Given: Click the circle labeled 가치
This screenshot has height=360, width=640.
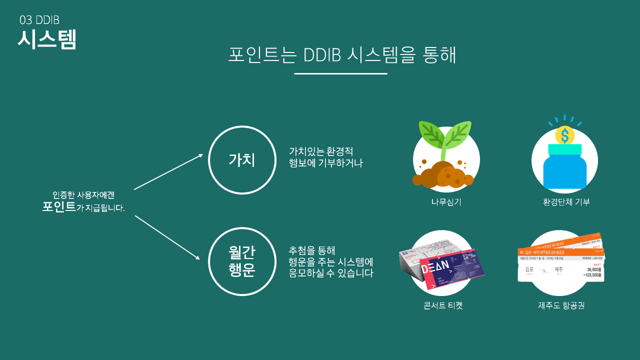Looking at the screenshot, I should (x=242, y=160).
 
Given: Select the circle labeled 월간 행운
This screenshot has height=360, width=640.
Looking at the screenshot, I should (x=242, y=262).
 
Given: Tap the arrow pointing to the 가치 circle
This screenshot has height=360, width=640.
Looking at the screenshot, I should (x=168, y=171).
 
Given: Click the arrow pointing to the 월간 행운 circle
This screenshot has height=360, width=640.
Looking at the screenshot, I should (x=167, y=237).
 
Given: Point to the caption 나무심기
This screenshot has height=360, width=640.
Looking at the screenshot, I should (x=446, y=202).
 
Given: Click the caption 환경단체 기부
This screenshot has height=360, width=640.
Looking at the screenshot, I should (x=566, y=202).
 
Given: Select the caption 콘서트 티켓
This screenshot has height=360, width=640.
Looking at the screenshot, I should (x=443, y=305).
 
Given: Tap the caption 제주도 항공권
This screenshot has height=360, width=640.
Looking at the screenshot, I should (x=557, y=305).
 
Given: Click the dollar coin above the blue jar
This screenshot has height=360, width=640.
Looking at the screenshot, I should (x=565, y=135).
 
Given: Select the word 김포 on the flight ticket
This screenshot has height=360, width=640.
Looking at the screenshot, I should (x=529, y=269).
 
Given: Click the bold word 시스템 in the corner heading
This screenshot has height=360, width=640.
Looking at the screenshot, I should (x=47, y=39).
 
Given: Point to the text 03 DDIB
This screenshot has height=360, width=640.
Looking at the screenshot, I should (x=39, y=20).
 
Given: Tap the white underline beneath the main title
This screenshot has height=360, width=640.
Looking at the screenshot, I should (x=340, y=73).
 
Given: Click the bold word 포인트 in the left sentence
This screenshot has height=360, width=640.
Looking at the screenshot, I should (x=59, y=206).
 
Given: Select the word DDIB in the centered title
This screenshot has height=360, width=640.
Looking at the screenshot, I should (x=322, y=55).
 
